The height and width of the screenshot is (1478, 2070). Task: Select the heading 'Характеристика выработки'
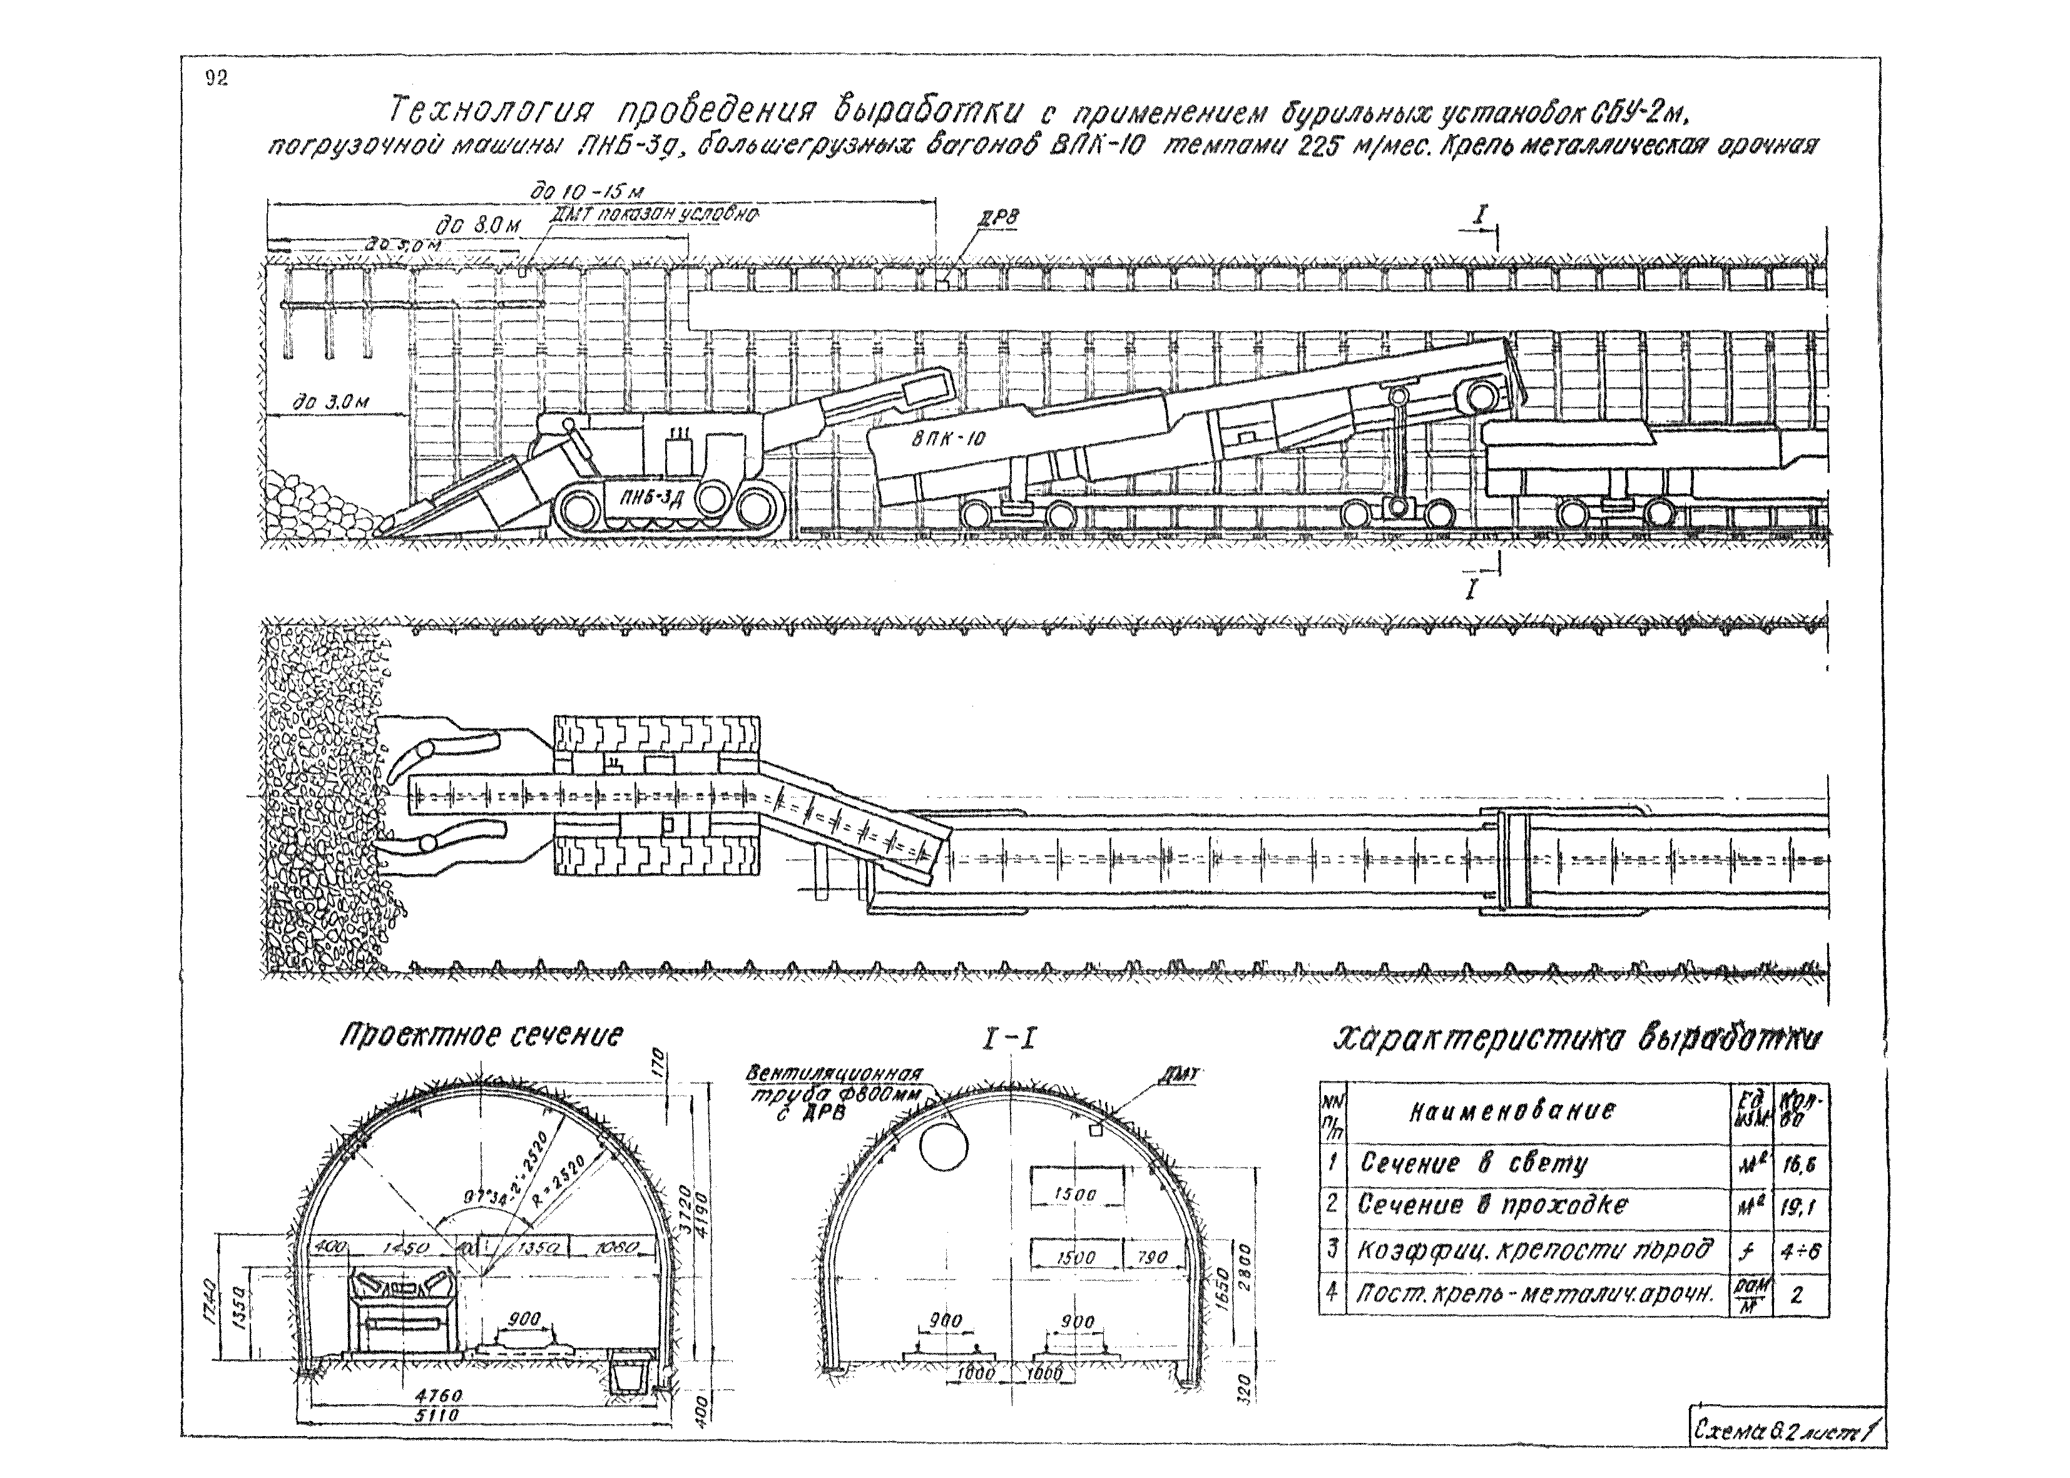click(x=1579, y=1039)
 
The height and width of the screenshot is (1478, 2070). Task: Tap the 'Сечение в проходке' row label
click(x=1505, y=1205)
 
